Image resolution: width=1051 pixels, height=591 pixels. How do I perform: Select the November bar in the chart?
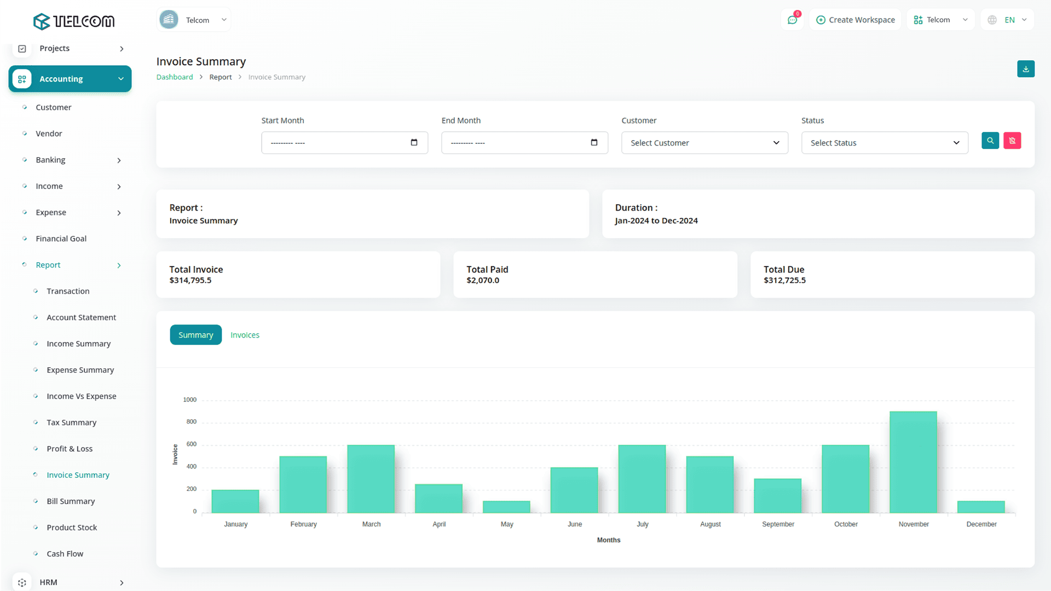[x=913, y=462]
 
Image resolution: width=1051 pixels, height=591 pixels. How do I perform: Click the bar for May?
[x=506, y=507]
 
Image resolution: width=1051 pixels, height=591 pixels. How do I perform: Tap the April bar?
[x=438, y=499]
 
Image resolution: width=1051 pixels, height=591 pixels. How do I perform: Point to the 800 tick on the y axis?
[x=191, y=422]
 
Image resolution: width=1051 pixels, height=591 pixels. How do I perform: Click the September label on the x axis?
[x=778, y=524]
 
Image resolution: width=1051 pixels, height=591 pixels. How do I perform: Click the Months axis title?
[x=608, y=540]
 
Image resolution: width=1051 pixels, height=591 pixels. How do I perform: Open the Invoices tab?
[x=245, y=335]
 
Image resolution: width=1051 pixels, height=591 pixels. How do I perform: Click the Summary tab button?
[x=195, y=335]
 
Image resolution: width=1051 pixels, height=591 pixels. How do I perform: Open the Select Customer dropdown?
[x=704, y=143]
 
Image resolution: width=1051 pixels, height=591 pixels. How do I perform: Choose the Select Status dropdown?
[x=885, y=143]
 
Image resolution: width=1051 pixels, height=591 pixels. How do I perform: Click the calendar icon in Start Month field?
[x=414, y=143]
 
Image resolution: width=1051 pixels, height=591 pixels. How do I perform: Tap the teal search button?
[x=990, y=141]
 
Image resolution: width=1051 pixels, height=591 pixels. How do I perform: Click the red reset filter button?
[x=1012, y=141]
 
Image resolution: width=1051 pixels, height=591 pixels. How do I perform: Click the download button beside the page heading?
[x=1026, y=69]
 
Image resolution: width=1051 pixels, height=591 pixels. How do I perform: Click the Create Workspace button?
[x=856, y=20]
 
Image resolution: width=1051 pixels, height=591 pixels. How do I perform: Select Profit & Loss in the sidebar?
[x=70, y=449]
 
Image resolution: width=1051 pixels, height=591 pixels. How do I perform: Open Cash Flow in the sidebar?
[x=65, y=554]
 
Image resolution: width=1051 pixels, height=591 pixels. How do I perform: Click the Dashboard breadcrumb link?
[x=175, y=77]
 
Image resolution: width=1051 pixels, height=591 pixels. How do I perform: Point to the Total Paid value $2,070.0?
[x=483, y=280]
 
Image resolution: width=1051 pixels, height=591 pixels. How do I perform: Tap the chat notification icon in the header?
[x=792, y=20]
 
